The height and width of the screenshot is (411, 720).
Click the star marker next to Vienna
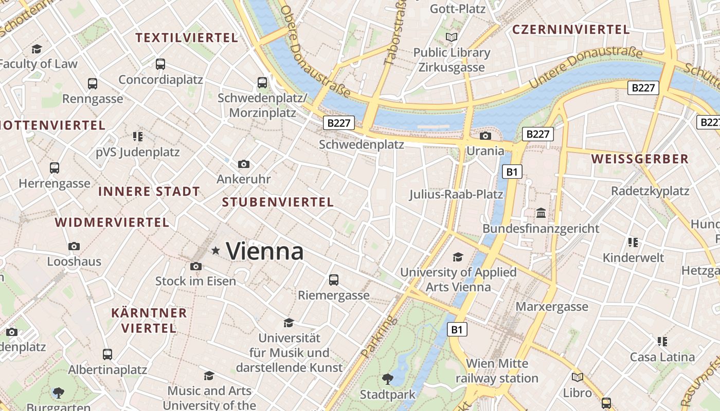point(215,251)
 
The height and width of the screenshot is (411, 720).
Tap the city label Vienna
point(264,251)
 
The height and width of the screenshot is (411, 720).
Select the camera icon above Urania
point(485,136)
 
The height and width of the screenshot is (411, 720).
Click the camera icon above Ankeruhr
point(244,164)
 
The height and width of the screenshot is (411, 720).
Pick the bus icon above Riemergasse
point(334,279)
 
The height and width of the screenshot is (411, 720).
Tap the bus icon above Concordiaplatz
point(160,64)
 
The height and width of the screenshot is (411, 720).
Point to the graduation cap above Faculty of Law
point(37,49)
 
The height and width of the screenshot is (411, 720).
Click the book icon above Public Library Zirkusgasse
point(452,37)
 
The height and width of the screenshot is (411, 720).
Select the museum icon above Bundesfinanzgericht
point(541,213)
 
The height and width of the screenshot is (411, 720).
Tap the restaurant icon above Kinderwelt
point(633,242)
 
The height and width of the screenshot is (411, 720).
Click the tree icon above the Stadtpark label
point(388,379)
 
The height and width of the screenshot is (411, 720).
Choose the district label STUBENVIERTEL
point(278,202)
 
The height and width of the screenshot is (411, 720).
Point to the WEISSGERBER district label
point(640,159)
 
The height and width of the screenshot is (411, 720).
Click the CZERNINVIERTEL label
point(571,30)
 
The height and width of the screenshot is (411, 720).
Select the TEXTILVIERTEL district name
point(187,38)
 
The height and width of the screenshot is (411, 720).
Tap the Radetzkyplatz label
point(650,191)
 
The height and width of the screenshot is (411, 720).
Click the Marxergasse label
point(552,307)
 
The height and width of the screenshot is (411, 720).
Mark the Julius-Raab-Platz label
point(456,195)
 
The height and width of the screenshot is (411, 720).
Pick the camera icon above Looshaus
point(74,246)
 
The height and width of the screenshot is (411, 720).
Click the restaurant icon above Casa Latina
point(662,341)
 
